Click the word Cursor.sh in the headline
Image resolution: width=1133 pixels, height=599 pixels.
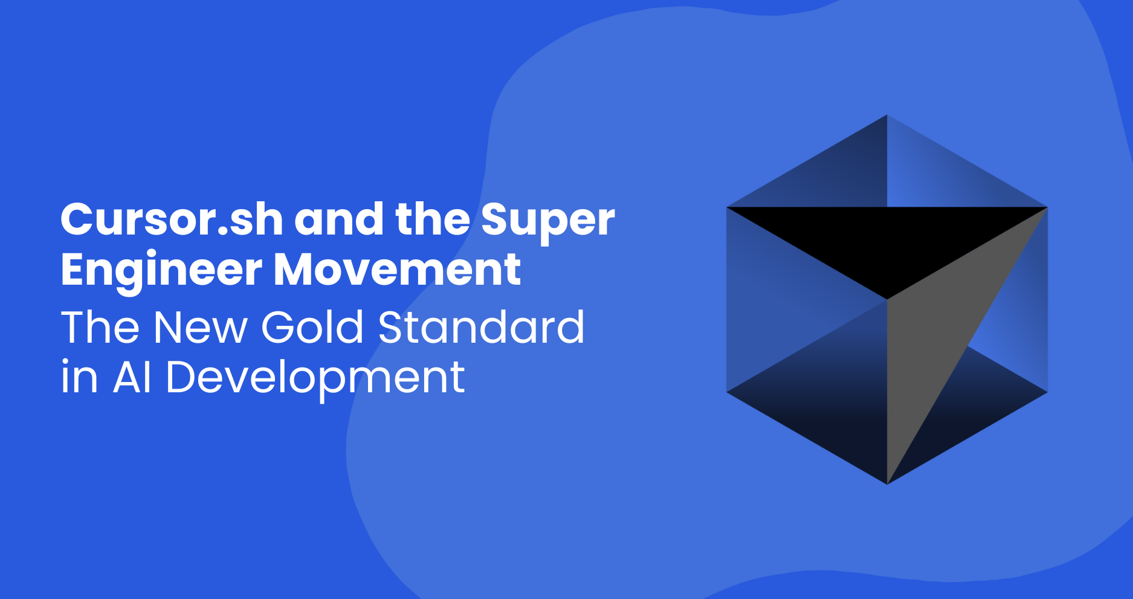coord(172,219)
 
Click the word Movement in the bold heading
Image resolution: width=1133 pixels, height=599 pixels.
coord(397,269)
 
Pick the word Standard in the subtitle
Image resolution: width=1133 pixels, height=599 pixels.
coord(481,327)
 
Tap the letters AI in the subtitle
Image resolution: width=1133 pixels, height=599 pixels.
coord(132,377)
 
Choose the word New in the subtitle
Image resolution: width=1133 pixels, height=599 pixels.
coord(201,327)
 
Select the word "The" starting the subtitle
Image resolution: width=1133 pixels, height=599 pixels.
coord(100,327)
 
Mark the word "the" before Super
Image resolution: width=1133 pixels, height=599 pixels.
coord(432,219)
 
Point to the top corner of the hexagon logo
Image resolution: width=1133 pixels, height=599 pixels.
coord(887,115)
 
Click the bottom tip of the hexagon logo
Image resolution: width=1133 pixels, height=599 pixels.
coord(887,484)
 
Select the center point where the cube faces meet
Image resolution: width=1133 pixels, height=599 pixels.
coord(887,299)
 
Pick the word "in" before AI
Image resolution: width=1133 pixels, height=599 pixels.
coord(79,377)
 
